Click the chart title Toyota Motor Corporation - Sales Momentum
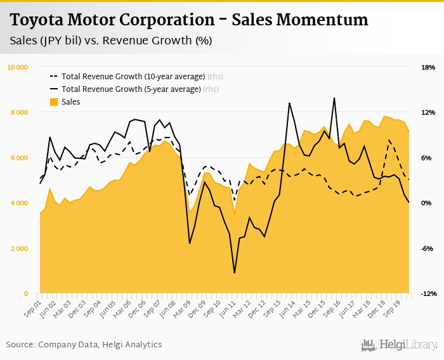(189, 20)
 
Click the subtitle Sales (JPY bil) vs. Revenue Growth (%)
(111, 41)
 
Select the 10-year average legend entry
(133, 77)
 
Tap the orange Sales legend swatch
(54, 101)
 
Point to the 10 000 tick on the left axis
(17, 67)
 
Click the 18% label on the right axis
(428, 67)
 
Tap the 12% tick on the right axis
(428, 112)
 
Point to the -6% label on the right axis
(428, 248)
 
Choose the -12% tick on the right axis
(429, 293)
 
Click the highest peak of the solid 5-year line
(334, 98)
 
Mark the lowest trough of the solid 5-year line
(235, 273)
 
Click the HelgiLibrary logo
(400, 345)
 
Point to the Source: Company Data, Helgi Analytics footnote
(84, 345)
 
